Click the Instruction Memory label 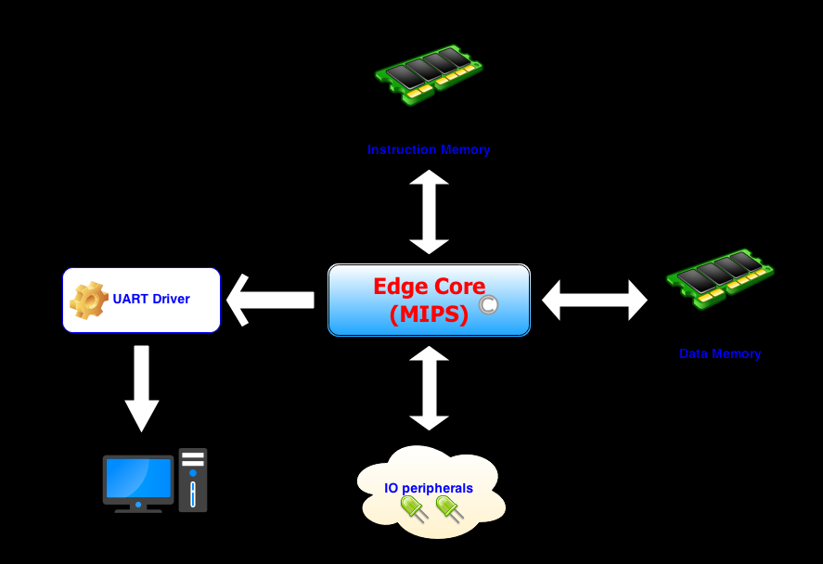coord(429,149)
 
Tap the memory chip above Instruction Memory coord(428,73)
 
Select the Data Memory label coord(720,353)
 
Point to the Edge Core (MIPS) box coord(429,300)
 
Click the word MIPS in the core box coord(429,314)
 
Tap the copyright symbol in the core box coord(489,305)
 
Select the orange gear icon coord(89,300)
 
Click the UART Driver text coord(151,299)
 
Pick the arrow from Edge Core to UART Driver coord(271,300)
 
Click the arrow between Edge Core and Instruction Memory coord(429,211)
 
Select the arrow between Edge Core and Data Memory coord(595,300)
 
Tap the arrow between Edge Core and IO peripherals coord(429,388)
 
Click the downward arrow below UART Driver coord(142,388)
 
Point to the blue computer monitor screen coord(138,479)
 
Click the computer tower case coord(193,480)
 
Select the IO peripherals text coord(429,488)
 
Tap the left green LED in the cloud coord(412,507)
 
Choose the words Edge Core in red coord(429,286)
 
